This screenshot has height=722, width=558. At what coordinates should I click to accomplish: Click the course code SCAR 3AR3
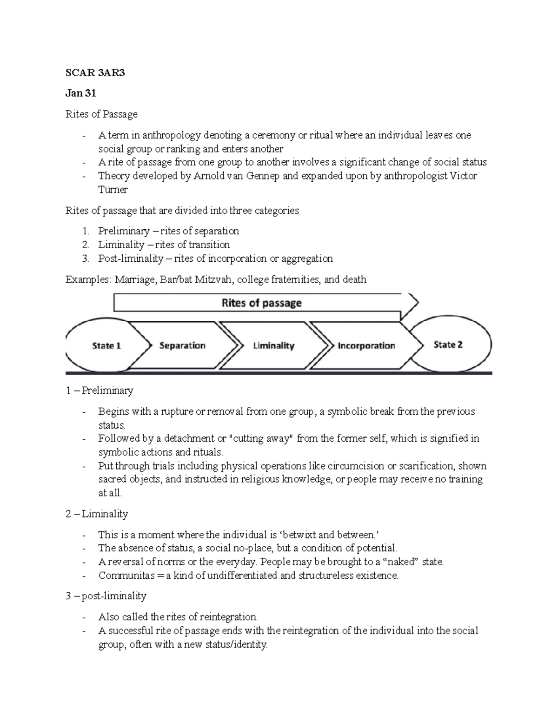click(x=95, y=73)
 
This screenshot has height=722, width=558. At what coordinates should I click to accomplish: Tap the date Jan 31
click(x=81, y=93)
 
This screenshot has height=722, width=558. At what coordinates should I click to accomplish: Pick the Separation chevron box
click(x=182, y=345)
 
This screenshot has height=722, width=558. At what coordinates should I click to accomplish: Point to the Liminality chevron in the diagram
click(x=273, y=345)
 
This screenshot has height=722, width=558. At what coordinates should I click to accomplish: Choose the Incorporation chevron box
click(x=366, y=345)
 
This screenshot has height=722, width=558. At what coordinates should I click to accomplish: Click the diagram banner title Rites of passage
click(x=261, y=303)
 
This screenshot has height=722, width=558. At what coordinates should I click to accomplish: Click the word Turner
click(x=113, y=189)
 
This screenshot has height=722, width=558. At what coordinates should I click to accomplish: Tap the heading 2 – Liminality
click(x=97, y=514)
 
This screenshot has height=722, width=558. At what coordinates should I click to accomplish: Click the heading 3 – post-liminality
click(x=106, y=596)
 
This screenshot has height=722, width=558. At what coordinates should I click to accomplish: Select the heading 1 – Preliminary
click(x=100, y=391)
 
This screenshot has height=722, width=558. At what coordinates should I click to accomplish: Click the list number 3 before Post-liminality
click(x=85, y=258)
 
